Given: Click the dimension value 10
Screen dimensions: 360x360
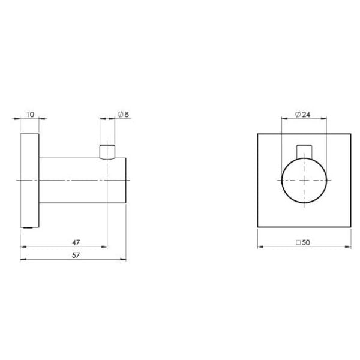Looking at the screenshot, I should [29, 113].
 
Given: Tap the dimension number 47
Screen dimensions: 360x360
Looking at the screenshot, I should [76, 242].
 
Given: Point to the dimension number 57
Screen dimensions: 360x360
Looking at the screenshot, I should [76, 255].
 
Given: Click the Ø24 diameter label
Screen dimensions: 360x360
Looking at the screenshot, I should [303, 113].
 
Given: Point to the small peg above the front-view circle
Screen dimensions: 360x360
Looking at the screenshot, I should [304, 151].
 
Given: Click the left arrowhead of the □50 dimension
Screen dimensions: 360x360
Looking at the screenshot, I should [260, 247].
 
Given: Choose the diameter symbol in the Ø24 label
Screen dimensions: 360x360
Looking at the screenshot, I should [298, 113].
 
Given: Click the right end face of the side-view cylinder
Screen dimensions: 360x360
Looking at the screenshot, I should [125, 180].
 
